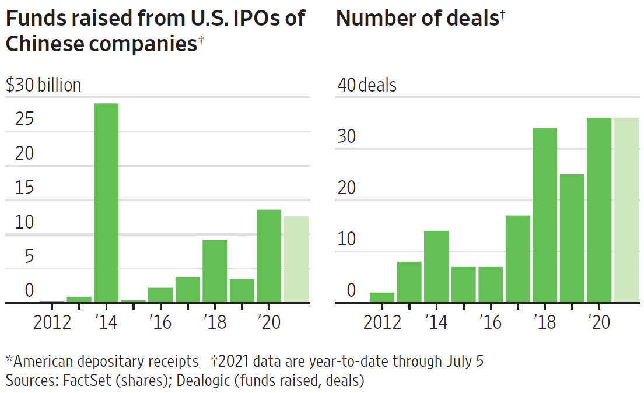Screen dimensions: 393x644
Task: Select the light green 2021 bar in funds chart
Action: pos(296,259)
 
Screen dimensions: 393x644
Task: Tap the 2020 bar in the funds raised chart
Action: pos(269,256)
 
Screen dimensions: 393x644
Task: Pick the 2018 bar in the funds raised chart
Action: pos(215,271)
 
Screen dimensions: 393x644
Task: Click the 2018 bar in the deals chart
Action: pos(545,215)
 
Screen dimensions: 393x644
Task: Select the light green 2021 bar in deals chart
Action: pos(626,210)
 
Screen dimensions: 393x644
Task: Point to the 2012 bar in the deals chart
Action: pos(382,297)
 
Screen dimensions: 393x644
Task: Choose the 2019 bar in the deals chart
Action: pos(572,238)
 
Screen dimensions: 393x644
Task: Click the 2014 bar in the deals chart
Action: pos(436,266)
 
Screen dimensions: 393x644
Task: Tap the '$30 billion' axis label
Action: pos(44,85)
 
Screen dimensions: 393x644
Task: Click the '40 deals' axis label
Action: pos(367,85)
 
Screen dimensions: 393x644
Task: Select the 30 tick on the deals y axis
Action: pos(346,138)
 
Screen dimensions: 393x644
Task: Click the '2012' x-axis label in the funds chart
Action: pos(52,322)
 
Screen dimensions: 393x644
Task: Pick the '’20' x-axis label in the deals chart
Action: pos(599,322)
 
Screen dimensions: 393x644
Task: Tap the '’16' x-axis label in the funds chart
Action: pos(160,322)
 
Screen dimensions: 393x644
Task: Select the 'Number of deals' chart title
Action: pos(418,18)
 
